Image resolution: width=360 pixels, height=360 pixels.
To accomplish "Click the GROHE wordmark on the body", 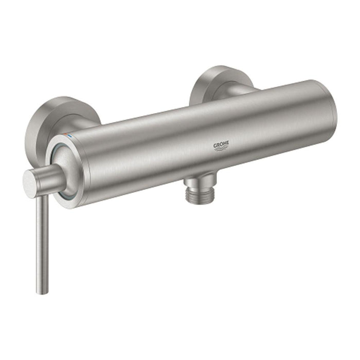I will point(222,145).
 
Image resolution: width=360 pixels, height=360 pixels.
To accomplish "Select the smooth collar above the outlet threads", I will point(194,181).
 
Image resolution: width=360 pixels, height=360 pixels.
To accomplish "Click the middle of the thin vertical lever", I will point(40,242).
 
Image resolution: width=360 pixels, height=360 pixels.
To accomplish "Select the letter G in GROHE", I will point(215,145).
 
